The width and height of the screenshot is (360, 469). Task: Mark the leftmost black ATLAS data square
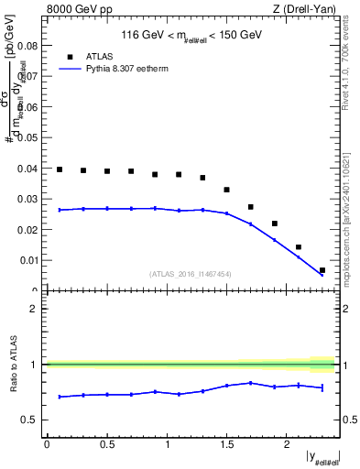point(60,169)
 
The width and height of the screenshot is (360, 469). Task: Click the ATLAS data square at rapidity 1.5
point(227,190)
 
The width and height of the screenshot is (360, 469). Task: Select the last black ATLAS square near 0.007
point(322,270)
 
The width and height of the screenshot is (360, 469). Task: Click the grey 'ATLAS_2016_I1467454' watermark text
point(190,273)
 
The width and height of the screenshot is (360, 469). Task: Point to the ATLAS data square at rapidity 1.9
point(275,224)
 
